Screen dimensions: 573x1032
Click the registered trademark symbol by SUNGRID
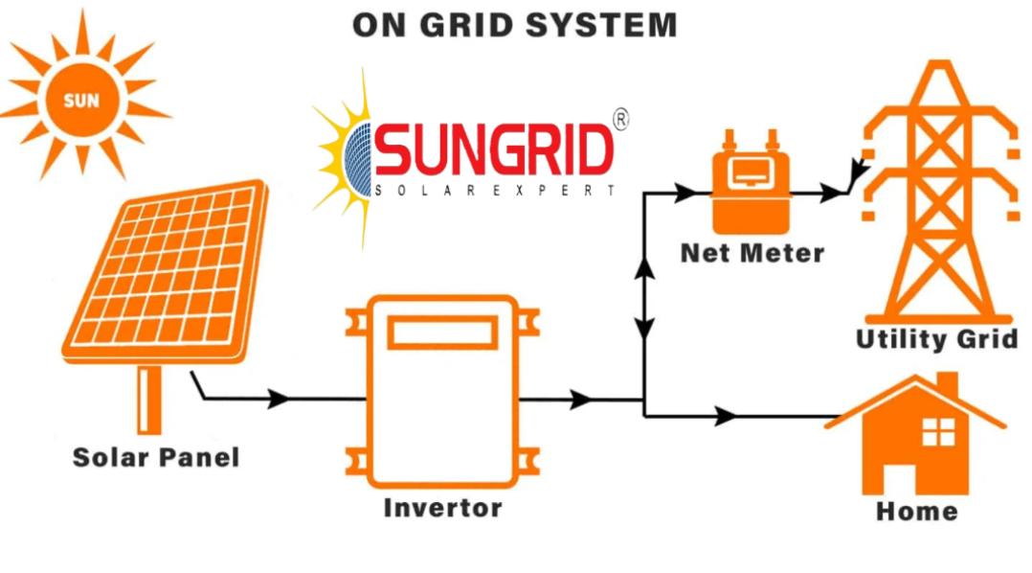[619, 120]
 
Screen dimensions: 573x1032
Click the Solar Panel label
[156, 457]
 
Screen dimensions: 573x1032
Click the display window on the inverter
[442, 333]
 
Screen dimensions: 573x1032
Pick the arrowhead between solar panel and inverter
[279, 399]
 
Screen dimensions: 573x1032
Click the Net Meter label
[752, 253]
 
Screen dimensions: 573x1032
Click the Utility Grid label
[935, 339]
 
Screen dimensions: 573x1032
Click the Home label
[916, 511]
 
